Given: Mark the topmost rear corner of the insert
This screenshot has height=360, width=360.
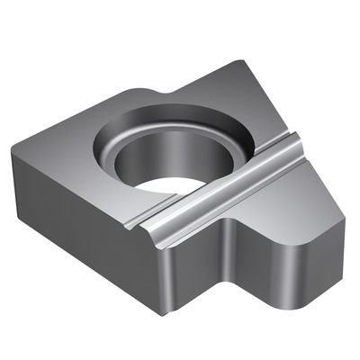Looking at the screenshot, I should coord(236,60).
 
